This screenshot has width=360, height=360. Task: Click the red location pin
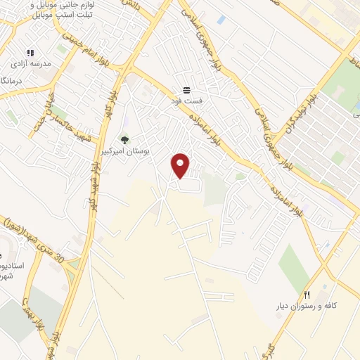point(181,165)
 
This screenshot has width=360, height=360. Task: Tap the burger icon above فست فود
point(186,90)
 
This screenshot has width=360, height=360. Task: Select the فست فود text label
point(186,101)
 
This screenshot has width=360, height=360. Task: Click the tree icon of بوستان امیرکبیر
point(125,139)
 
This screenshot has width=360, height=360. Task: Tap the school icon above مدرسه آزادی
point(30,53)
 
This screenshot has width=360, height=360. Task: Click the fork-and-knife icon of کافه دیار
point(307,294)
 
